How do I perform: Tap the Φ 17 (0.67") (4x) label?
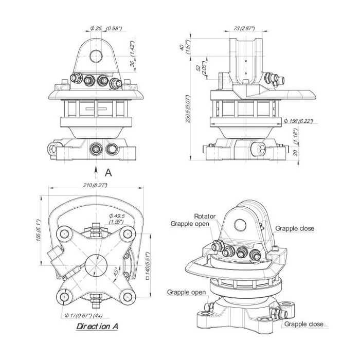(x=84, y=315)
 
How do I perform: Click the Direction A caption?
(x=98, y=326)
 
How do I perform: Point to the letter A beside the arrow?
(x=108, y=172)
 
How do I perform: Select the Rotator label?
(x=205, y=217)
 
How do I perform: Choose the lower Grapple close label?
(x=304, y=324)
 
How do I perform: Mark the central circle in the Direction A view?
(x=94, y=265)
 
